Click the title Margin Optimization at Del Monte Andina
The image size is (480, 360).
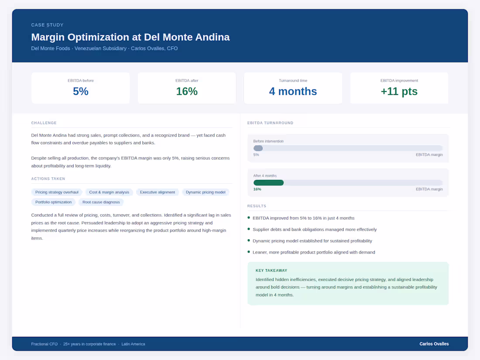130,37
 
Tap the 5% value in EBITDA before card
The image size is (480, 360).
81,91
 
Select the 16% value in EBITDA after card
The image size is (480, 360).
187,91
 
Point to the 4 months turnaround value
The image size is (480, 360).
293,91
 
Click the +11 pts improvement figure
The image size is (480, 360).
399,91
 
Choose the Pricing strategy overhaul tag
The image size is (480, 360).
57,192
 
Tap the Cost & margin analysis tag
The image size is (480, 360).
109,192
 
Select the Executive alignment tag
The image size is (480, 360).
158,192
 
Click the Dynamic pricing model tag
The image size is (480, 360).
206,192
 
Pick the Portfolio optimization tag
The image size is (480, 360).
54,202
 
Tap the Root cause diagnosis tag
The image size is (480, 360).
101,202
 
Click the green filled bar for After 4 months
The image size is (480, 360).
268,183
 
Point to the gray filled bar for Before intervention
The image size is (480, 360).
258,148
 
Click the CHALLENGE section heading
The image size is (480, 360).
44,123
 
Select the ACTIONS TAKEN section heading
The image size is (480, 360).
48,179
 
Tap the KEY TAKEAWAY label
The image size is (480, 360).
271,271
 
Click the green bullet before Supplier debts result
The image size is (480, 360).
249,229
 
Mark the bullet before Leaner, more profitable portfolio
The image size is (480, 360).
249,252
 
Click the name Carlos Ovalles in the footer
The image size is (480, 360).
434,344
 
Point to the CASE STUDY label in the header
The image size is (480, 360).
47,25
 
